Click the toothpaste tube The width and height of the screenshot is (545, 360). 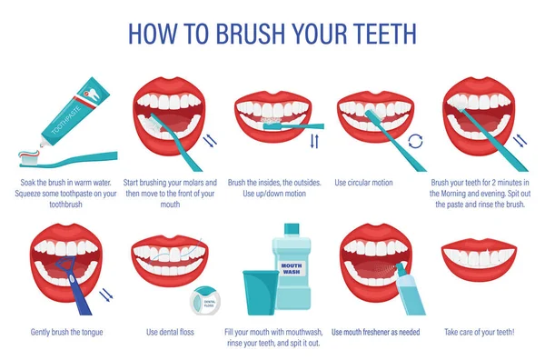[74, 112]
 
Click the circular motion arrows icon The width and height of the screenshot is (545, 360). [415, 141]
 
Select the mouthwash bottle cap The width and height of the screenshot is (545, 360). [292, 229]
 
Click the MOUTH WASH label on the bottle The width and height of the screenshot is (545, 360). [292, 268]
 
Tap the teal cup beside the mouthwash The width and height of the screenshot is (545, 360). [261, 292]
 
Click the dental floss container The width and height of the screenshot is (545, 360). [205, 300]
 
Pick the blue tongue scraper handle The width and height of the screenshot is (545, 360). [79, 295]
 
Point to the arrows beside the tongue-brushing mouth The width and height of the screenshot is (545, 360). [106, 295]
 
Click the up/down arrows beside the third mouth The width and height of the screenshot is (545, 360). [314, 141]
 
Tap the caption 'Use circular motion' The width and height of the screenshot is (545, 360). [363, 183]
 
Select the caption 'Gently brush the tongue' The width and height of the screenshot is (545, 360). [66, 332]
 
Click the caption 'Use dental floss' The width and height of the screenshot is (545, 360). [170, 332]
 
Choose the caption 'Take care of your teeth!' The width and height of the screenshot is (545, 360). [479, 332]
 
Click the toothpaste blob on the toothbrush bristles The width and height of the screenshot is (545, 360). [30, 154]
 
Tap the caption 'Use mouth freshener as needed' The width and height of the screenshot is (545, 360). [375, 332]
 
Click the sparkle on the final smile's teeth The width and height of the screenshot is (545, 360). [490, 252]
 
